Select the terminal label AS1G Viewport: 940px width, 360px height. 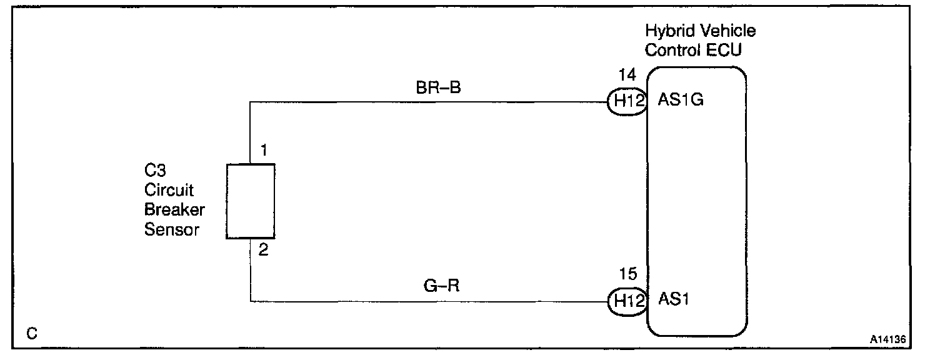pyautogui.click(x=681, y=101)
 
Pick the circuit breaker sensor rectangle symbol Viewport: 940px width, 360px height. pyautogui.click(x=250, y=201)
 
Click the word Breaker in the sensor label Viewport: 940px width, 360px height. pyautogui.click(x=174, y=210)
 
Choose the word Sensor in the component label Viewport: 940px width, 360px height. pyautogui.click(x=172, y=230)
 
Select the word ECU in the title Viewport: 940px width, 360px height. pyautogui.click(x=725, y=50)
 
